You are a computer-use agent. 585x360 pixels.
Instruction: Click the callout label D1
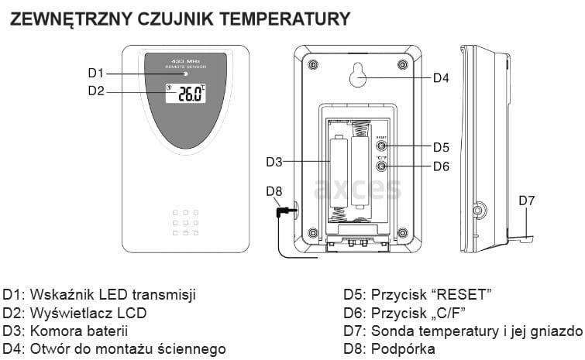pos(95,73)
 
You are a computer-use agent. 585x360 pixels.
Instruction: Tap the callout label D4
pos(441,77)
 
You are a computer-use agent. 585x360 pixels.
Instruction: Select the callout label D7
pos(527,201)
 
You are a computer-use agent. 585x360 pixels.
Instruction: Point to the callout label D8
pos(274,191)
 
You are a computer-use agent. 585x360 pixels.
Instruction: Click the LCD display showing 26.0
pos(185,94)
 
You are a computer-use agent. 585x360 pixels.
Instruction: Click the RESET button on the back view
pos(381,146)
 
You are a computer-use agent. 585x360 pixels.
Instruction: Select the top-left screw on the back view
pos(312,64)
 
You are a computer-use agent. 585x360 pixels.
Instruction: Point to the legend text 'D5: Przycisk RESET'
pos(418,295)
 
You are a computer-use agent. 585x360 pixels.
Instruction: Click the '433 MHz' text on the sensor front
pos(185,60)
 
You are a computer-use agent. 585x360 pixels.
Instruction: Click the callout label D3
pos(274,162)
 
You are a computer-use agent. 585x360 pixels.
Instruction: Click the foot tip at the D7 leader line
pos(527,237)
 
